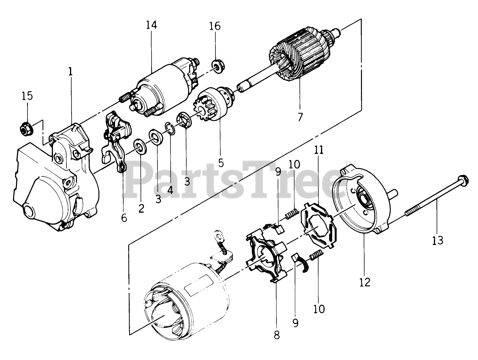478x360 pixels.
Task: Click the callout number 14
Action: [152, 26]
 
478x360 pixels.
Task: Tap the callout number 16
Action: [215, 26]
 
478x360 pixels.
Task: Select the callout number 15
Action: [27, 96]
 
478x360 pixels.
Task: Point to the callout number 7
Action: [300, 116]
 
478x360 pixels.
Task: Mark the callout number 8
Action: [277, 334]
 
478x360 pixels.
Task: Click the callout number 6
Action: [124, 218]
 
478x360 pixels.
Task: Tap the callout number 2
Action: [141, 208]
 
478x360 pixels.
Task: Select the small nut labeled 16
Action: [218, 66]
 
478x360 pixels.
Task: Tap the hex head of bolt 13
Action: [463, 179]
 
